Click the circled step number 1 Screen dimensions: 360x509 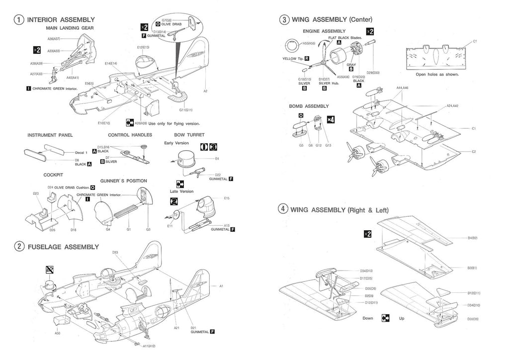coord(18,20)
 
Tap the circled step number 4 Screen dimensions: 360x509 coord(283,209)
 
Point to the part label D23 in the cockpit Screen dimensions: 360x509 coord(36,193)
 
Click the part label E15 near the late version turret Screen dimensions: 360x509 coord(226,198)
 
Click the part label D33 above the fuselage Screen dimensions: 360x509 coord(115,253)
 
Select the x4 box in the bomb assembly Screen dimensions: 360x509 coord(331,120)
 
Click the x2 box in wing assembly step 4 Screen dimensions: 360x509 coord(367,234)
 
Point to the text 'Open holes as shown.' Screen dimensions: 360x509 coord(437,75)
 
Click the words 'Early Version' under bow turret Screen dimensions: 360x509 coord(176,143)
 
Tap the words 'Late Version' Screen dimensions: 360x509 coord(182,191)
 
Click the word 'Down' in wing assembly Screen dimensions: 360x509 coord(368,318)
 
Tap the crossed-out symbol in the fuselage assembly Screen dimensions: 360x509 coord(49,270)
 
